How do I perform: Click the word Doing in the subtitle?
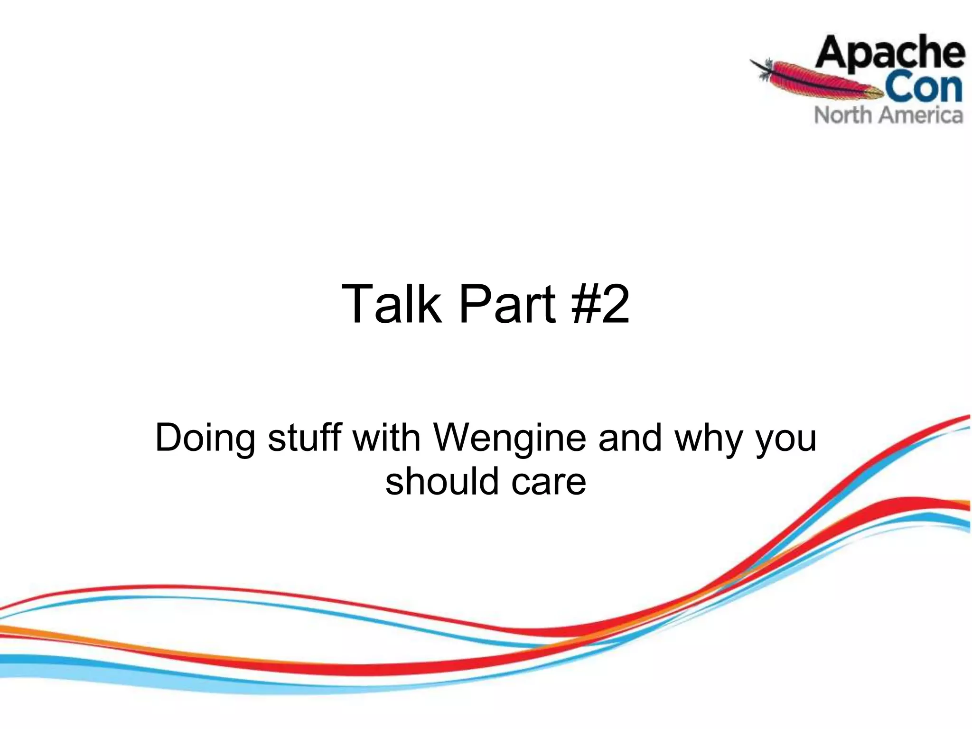[x=205, y=438]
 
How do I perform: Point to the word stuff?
[x=304, y=438]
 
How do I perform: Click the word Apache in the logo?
[x=890, y=53]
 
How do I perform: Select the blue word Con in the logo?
[x=923, y=88]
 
